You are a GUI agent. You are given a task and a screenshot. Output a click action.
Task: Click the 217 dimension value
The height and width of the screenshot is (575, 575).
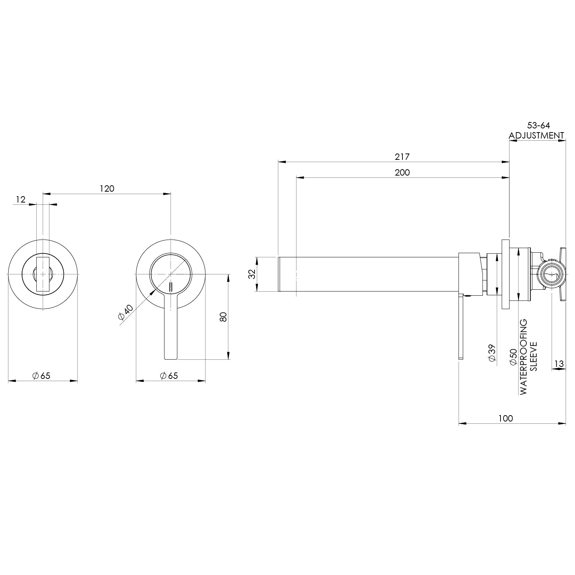pyautogui.click(x=402, y=157)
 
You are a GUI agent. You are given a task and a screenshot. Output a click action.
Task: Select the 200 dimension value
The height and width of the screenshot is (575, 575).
pyautogui.click(x=402, y=173)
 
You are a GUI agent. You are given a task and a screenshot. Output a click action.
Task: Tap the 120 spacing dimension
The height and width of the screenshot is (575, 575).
pyautogui.click(x=107, y=188)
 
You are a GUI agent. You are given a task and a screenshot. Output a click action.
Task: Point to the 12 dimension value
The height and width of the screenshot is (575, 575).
pyautogui.click(x=21, y=200)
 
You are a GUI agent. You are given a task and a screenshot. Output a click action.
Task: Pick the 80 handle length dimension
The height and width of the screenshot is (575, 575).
pyautogui.click(x=223, y=317)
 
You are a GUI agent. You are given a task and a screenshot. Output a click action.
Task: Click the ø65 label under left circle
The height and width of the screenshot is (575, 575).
pyautogui.click(x=41, y=375)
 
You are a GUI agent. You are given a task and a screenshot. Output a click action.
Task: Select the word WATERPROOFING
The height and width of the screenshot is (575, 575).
pyautogui.click(x=523, y=356)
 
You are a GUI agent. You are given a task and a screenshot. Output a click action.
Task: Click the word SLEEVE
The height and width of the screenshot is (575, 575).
pyautogui.click(x=534, y=356)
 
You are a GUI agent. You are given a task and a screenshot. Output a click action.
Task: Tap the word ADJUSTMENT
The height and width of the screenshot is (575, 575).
pyautogui.click(x=536, y=136)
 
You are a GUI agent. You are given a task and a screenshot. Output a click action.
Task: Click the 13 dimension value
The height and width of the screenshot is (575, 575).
pyautogui.click(x=559, y=363)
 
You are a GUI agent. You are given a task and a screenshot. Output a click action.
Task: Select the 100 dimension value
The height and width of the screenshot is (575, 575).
pyautogui.click(x=505, y=418)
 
